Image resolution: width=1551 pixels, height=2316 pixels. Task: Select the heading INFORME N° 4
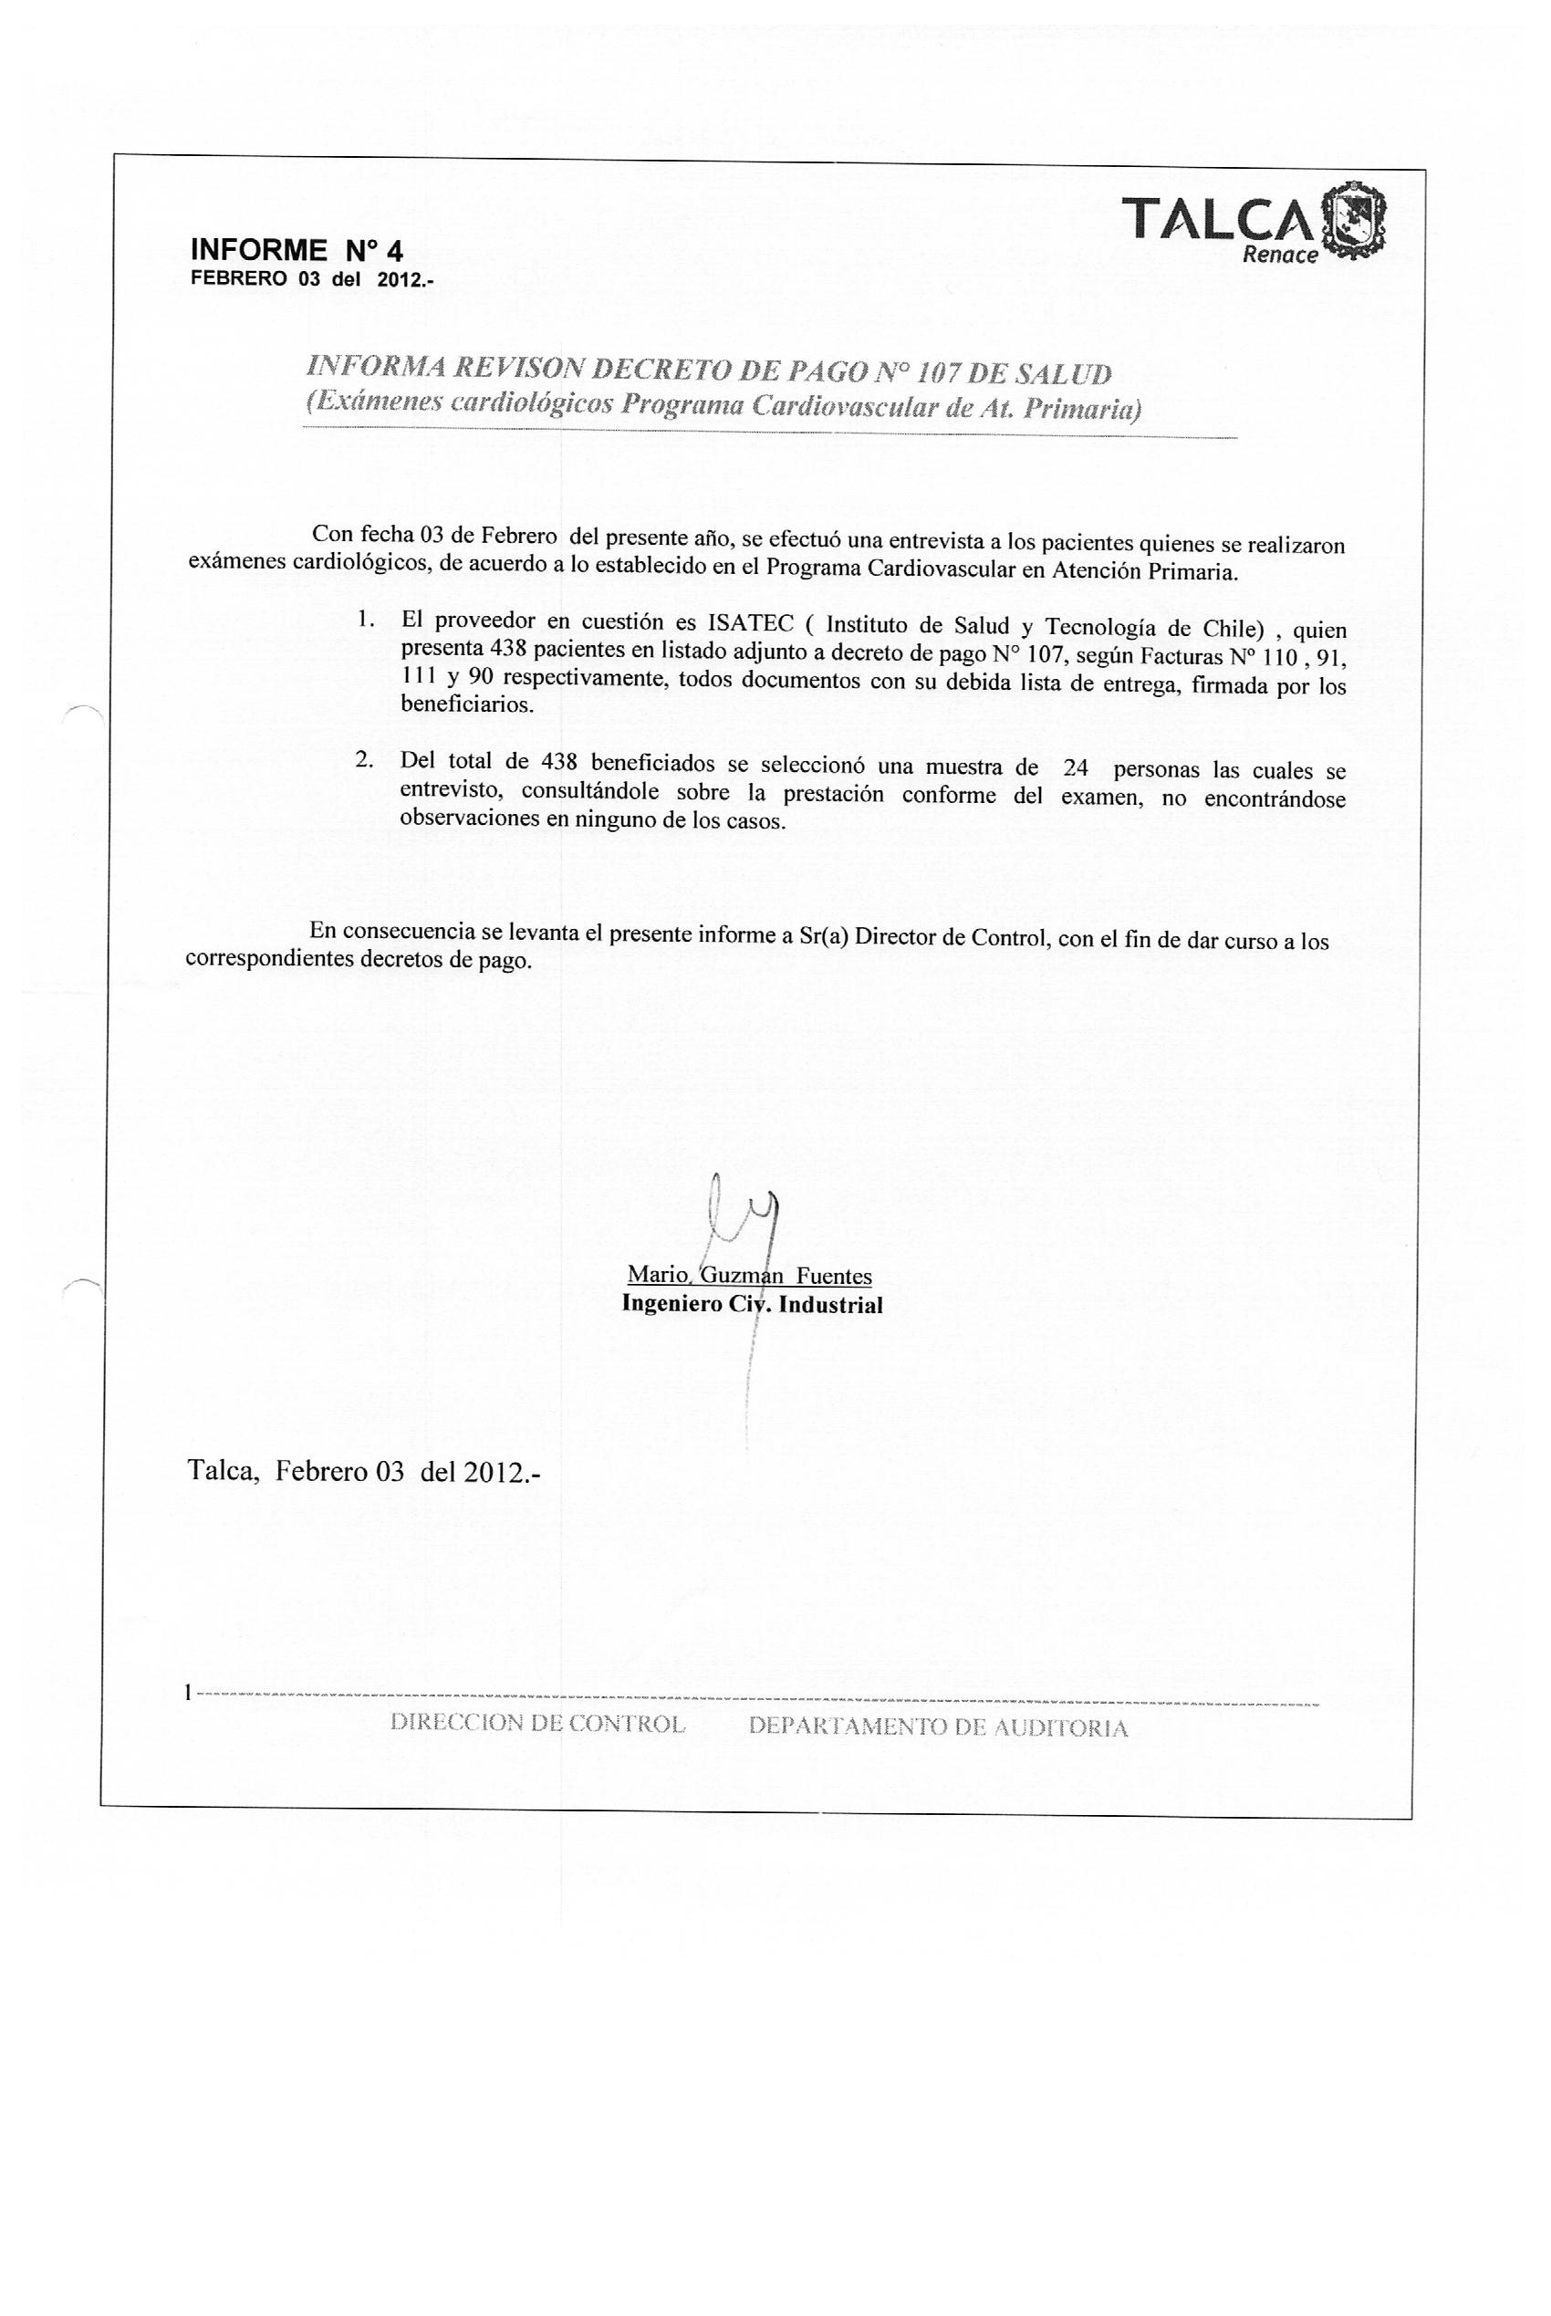(x=296, y=250)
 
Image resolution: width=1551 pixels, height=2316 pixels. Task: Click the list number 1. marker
(x=365, y=620)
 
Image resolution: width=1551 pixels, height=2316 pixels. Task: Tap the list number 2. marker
(x=364, y=759)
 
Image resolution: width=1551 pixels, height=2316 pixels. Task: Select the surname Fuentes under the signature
(x=834, y=1277)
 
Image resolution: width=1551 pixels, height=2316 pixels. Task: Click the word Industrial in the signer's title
(x=831, y=1305)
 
